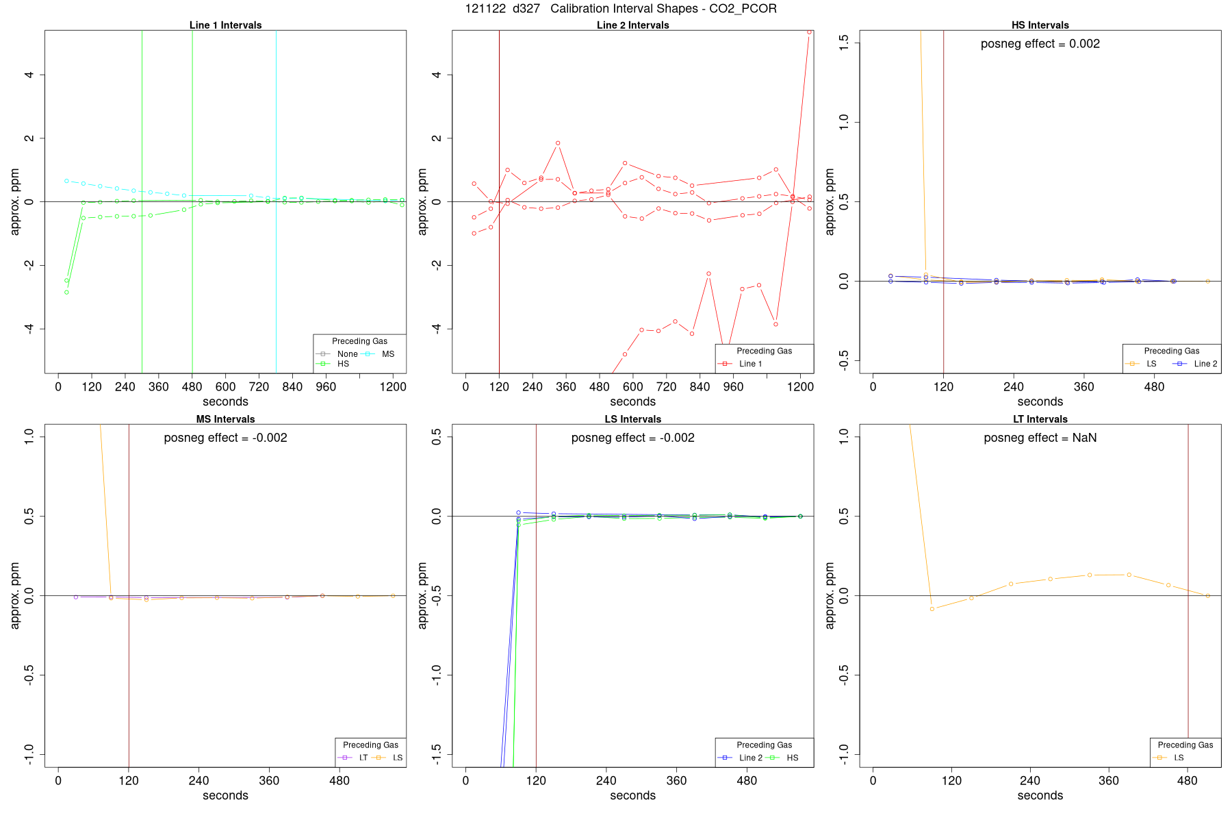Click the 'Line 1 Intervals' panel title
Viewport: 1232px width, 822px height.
[x=225, y=25]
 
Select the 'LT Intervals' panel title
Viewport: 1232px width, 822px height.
[x=1040, y=419]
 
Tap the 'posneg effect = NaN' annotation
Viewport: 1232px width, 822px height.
[x=1040, y=438]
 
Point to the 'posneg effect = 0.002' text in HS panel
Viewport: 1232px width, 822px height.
[x=1040, y=44]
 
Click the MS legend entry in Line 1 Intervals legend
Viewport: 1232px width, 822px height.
[x=387, y=354]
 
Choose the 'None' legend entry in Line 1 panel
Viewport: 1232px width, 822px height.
[x=347, y=354]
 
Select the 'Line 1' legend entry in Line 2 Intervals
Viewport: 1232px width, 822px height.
[x=750, y=364]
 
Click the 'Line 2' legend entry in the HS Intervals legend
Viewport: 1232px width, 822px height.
[x=1205, y=364]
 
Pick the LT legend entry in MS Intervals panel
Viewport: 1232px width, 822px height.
[x=363, y=758]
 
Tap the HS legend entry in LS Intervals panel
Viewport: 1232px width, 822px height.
[x=792, y=758]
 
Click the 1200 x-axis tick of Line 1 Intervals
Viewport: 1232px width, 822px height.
[x=393, y=387]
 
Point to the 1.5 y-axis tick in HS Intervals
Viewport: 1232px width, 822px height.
[x=844, y=42]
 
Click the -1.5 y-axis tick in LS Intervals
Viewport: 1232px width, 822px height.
[x=437, y=755]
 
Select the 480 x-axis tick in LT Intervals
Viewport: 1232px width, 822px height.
[x=1188, y=781]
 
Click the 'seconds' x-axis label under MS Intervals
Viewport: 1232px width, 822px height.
[x=225, y=795]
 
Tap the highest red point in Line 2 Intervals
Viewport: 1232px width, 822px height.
[x=809, y=32]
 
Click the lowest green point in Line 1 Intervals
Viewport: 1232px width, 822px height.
[x=66, y=292]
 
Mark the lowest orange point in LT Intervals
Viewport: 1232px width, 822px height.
[x=932, y=609]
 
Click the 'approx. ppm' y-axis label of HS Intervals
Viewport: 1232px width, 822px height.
[x=830, y=202]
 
